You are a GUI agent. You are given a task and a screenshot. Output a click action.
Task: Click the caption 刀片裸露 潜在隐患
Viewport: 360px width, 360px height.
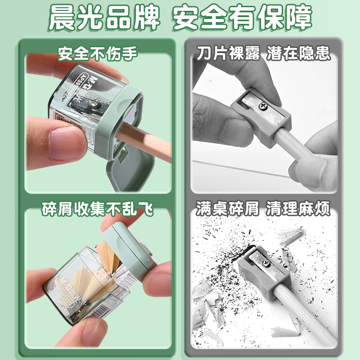pyautogui.click(x=263, y=54)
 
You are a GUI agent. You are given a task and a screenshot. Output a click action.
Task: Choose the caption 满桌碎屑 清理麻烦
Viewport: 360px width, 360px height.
pyautogui.click(x=263, y=209)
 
